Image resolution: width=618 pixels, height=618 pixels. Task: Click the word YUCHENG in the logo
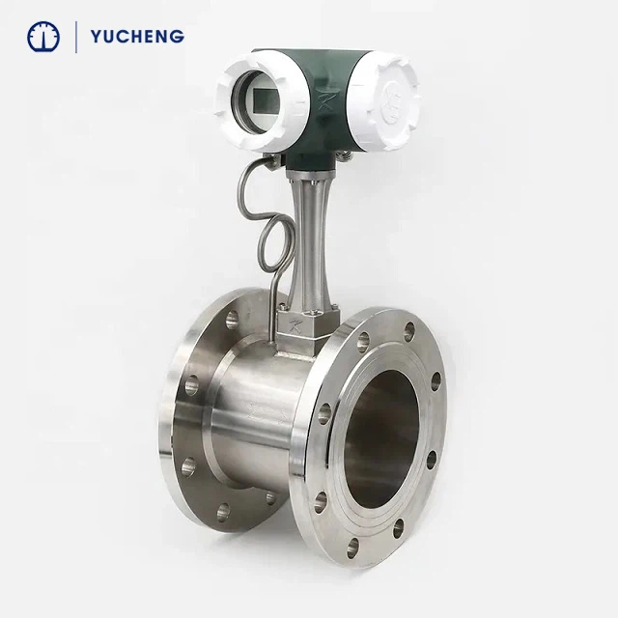pyautogui.click(x=137, y=37)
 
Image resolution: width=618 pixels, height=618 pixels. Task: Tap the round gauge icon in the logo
pyautogui.click(x=43, y=37)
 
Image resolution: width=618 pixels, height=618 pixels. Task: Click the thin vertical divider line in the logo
pyautogui.click(x=75, y=37)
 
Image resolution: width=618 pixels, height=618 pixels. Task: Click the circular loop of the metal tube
pyautogui.click(x=275, y=245)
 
